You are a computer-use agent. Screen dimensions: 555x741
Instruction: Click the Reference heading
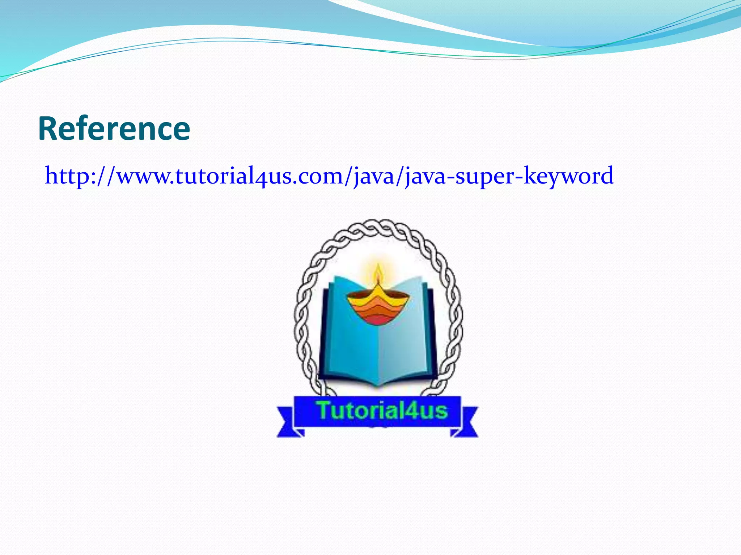point(114,129)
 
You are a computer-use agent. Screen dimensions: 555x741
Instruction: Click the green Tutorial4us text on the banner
point(382,411)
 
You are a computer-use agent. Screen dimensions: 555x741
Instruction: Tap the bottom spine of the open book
point(378,383)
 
